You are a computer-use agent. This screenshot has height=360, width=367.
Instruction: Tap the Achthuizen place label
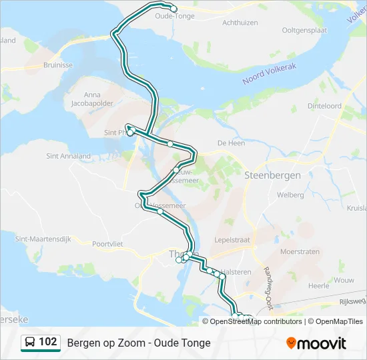[240, 22]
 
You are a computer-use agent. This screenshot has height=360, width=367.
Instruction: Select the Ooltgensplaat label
[305, 29]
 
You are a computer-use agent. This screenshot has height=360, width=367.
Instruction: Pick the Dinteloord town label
[324, 106]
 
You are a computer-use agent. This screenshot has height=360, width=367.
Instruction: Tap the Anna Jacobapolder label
[93, 99]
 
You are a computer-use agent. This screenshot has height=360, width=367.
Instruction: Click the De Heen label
[232, 143]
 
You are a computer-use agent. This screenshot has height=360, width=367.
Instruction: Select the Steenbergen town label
[272, 175]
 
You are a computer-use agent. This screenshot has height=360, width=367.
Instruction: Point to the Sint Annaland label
[69, 156]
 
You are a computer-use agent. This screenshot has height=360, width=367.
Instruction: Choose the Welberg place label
[290, 195]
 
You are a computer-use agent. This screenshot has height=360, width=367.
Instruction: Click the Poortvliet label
[109, 244]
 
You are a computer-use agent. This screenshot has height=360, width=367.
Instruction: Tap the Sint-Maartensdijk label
[42, 238]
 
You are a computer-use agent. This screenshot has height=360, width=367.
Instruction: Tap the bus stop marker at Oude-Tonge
[173, 9]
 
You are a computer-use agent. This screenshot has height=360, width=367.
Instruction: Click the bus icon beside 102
[30, 343]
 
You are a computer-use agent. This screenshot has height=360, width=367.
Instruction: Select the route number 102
[48, 343]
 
